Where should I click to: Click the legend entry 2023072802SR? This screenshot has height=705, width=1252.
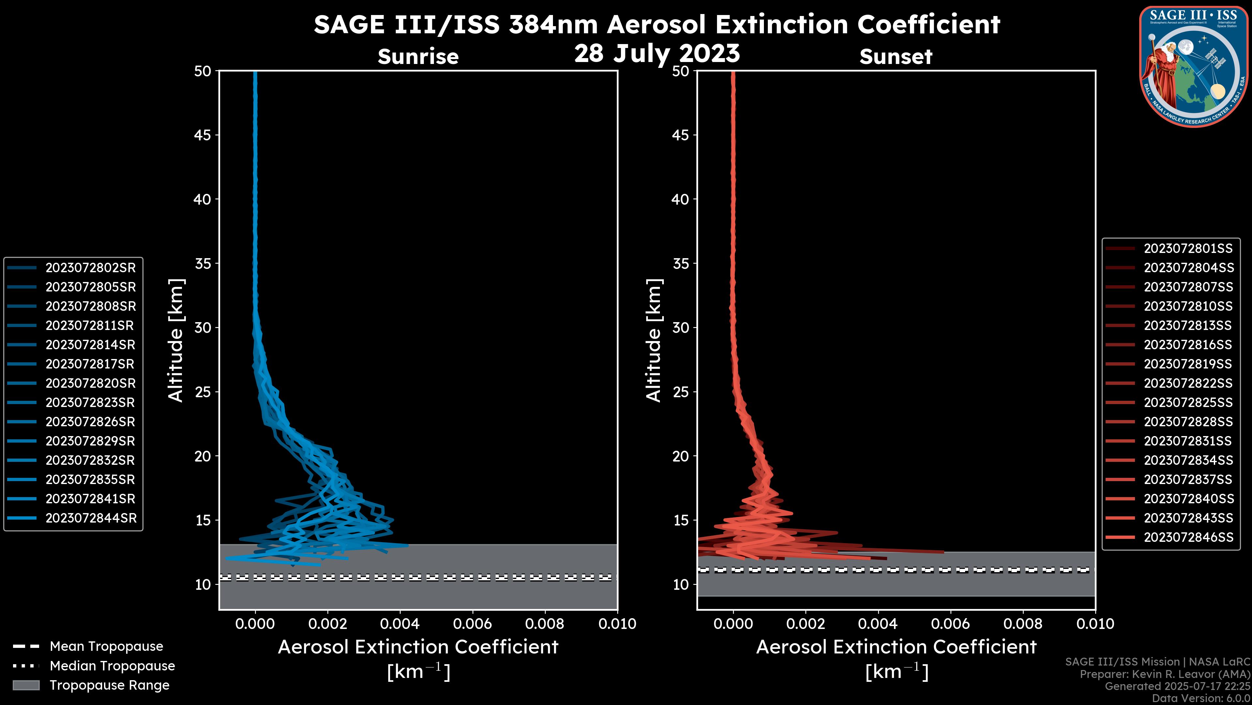click(x=90, y=268)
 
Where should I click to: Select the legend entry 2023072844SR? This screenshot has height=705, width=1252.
click(x=91, y=518)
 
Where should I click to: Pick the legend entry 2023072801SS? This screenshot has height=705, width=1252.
click(x=1188, y=249)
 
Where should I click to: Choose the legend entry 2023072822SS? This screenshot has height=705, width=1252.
click(x=1188, y=384)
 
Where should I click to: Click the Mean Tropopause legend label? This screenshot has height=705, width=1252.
click(x=106, y=646)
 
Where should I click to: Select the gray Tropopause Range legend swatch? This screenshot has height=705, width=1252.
click(x=26, y=685)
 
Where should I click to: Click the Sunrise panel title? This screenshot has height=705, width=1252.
click(x=418, y=56)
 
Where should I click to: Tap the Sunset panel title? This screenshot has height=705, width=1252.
click(x=896, y=56)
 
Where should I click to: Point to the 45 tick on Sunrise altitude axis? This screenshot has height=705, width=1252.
click(x=203, y=135)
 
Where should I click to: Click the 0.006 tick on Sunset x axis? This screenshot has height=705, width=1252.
click(x=951, y=624)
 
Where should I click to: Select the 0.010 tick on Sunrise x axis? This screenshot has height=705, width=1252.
click(x=617, y=624)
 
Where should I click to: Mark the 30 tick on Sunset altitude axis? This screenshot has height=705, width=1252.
click(x=680, y=327)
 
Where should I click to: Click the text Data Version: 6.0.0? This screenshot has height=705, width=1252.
click(x=1201, y=699)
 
